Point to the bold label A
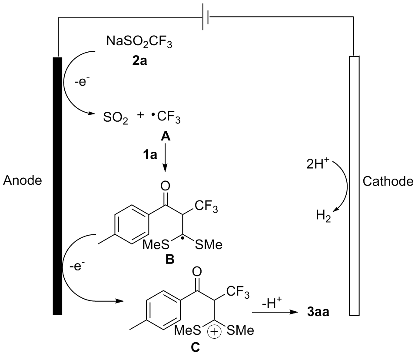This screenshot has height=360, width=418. [x=165, y=136]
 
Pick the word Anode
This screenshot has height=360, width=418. [x=22, y=180]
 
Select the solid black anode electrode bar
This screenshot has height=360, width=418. [x=57, y=185]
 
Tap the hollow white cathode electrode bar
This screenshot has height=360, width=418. [x=354, y=185]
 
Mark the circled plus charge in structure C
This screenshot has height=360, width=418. [x=215, y=331]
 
